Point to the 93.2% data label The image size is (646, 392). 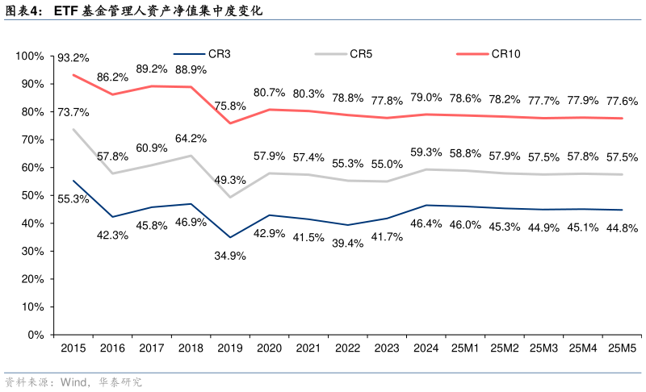tap(73, 58)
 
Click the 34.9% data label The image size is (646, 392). tap(230, 255)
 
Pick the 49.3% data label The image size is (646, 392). tap(230, 180)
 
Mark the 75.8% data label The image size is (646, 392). tap(230, 106)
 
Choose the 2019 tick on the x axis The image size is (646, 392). tap(230, 348)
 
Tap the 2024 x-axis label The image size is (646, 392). tap(426, 348)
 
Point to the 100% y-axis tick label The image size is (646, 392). tap(30, 56)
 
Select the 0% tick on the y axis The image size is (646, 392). tap(36, 335)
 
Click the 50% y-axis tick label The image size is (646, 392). tap(32, 195)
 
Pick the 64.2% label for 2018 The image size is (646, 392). tap(191, 139)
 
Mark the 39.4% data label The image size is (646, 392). tap(347, 243)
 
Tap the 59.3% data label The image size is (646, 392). tap(426, 152)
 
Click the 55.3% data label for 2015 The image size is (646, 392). tap(73, 198)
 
